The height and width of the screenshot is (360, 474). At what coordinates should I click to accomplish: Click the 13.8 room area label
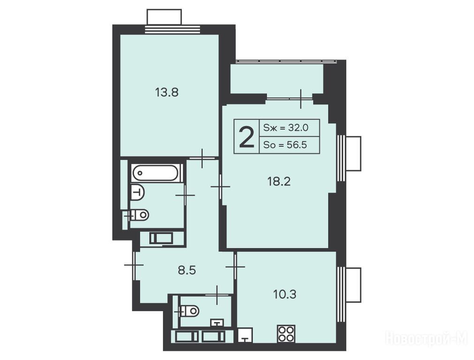pos(166,92)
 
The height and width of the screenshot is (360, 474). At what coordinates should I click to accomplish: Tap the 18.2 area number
pos(278,181)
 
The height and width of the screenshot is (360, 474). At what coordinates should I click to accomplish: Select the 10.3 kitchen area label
pos(285,294)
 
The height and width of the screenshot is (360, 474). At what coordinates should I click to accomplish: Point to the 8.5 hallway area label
pos(187,270)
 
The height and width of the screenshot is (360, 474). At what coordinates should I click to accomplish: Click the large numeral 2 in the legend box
pos(246,137)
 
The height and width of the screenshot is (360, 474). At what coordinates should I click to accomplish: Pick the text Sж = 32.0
pos(286,128)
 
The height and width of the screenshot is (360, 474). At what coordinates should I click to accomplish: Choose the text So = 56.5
pos(285,145)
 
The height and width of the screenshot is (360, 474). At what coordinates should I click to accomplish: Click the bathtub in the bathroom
pos(156,173)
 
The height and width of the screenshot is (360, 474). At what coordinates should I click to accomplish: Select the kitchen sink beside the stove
pos(245,335)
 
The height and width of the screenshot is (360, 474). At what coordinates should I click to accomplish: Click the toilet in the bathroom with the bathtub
pos(140,215)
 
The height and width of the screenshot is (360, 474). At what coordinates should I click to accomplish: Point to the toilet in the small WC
pos(189,310)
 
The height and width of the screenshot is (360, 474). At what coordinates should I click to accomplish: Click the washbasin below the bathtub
pos(137,192)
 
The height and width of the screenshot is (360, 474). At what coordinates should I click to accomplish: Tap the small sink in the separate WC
pos(218,323)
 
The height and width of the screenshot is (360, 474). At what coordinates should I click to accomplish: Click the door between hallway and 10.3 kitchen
pos(235,267)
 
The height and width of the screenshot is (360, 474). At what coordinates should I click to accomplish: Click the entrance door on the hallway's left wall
pos(134,265)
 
